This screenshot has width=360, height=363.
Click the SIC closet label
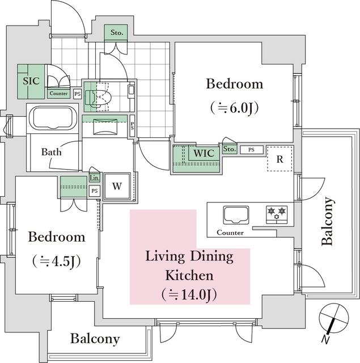pos(31,81)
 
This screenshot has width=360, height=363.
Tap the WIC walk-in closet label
pos(203,153)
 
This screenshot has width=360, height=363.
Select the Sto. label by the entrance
pos(117,32)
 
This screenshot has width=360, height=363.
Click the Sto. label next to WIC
pos(229,149)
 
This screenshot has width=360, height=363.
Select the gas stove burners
pos(277,214)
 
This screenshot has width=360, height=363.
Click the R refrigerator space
pos(279,159)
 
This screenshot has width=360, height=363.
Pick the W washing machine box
pos(117,185)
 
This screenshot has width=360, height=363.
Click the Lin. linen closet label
pos(94,178)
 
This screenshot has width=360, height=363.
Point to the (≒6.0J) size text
pos(234,107)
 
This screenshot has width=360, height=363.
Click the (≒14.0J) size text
pos(189,295)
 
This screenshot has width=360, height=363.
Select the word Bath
pos(52,152)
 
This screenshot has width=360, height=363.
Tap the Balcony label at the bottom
pos(95,339)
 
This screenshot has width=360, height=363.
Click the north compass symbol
pos(330,320)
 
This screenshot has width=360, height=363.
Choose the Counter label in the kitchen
pos(230,233)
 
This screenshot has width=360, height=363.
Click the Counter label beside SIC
pos(58,94)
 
